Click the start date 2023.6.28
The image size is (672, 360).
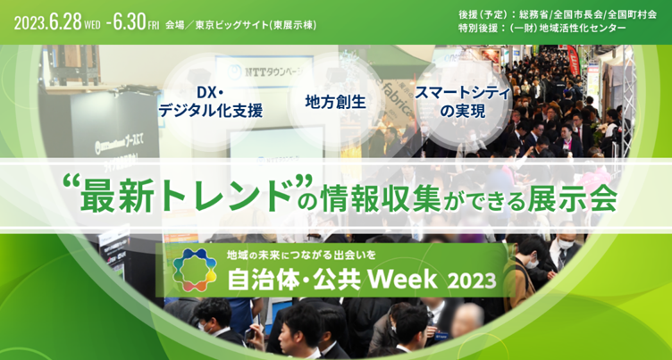(48, 22)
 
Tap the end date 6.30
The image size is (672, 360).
(129, 22)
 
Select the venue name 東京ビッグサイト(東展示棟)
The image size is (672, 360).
(256, 25)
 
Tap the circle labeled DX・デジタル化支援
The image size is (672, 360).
(210, 102)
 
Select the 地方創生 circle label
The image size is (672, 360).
(336, 103)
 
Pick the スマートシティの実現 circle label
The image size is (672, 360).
(463, 103)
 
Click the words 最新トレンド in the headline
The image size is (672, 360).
(187, 198)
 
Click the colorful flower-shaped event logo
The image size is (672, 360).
(195, 270)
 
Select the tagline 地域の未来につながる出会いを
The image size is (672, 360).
(302, 255)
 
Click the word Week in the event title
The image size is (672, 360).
(402, 280)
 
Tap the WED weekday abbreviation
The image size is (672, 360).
(93, 26)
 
